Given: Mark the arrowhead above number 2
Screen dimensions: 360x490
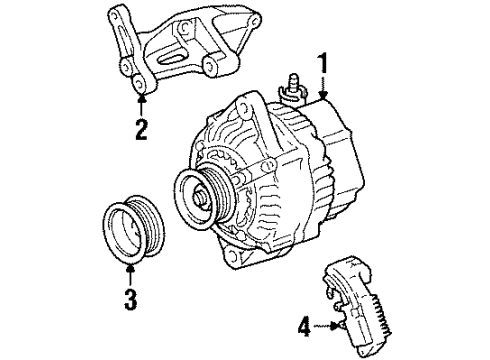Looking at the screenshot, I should click(141, 98).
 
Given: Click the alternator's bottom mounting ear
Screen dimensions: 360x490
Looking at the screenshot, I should click(238, 258).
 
